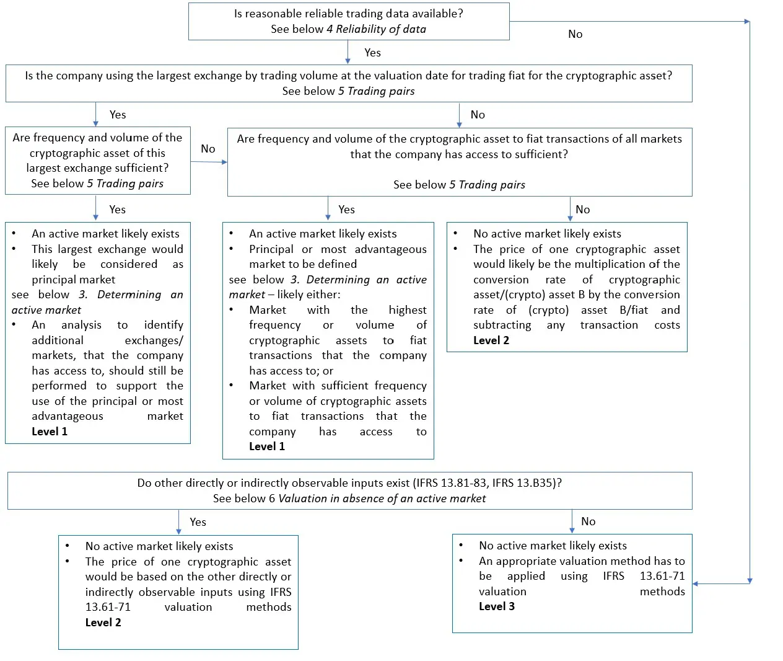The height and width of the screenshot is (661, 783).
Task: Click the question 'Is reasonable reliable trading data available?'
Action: click(x=348, y=14)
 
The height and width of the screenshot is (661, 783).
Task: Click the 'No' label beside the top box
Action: click(x=575, y=34)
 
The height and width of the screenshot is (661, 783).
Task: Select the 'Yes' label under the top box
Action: click(x=372, y=53)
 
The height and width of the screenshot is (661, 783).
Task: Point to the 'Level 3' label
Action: click(x=496, y=606)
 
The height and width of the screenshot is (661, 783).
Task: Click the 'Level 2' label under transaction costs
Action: click(x=491, y=340)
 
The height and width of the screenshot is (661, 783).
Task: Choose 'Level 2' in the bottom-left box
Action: click(x=103, y=623)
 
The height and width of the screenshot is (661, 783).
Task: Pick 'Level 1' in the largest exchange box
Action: click(x=50, y=432)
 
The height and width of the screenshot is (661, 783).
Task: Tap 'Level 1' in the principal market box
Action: click(x=267, y=446)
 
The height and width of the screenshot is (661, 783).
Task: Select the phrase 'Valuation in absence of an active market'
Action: click(x=382, y=499)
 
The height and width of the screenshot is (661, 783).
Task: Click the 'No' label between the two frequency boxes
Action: click(x=208, y=149)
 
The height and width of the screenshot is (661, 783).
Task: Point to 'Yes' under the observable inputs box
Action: click(x=198, y=522)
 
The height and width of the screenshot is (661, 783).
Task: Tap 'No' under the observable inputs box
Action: click(x=588, y=521)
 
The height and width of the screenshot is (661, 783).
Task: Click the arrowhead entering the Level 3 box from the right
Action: click(x=696, y=583)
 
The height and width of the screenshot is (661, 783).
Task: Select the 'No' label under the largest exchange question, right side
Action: click(x=477, y=115)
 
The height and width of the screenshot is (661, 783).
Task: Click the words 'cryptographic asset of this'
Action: click(x=97, y=153)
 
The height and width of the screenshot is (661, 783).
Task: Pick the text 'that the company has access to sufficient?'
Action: click(x=458, y=154)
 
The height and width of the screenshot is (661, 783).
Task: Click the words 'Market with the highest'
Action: click(x=338, y=310)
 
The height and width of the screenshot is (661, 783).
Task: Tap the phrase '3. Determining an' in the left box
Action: click(x=131, y=295)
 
